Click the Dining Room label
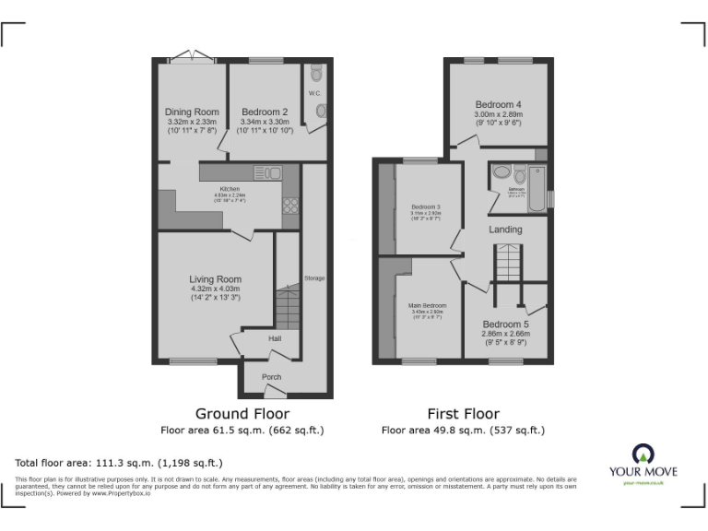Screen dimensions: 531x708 pyautogui.click(x=193, y=112)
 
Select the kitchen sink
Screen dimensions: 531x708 pyautogui.click(x=267, y=171)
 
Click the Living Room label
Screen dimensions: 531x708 pyautogui.click(x=215, y=279)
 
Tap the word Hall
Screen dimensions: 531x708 pyautogui.click(x=275, y=339)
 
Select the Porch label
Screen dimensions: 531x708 pyautogui.click(x=271, y=377)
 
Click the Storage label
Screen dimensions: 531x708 pyautogui.click(x=314, y=277)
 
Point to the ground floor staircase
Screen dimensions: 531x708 pyautogui.click(x=288, y=307)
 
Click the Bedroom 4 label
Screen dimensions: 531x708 pyautogui.click(x=499, y=104)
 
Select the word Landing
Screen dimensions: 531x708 pyautogui.click(x=505, y=230)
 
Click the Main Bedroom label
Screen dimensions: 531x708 pyautogui.click(x=427, y=305)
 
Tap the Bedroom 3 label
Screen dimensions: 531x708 pyautogui.click(x=426, y=206)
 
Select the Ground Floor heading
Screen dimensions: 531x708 pyautogui.click(x=242, y=414)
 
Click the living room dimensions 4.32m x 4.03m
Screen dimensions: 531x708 pyautogui.click(x=215, y=289)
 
